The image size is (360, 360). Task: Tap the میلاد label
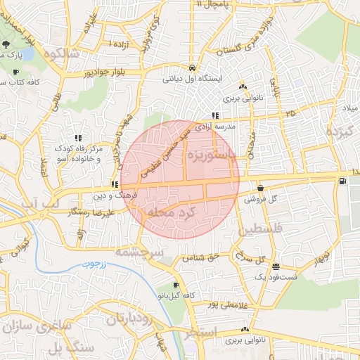349,108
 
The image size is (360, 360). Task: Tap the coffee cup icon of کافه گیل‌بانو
175,285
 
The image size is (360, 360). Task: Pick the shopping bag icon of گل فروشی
261,188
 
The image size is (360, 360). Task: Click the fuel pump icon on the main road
342,181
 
